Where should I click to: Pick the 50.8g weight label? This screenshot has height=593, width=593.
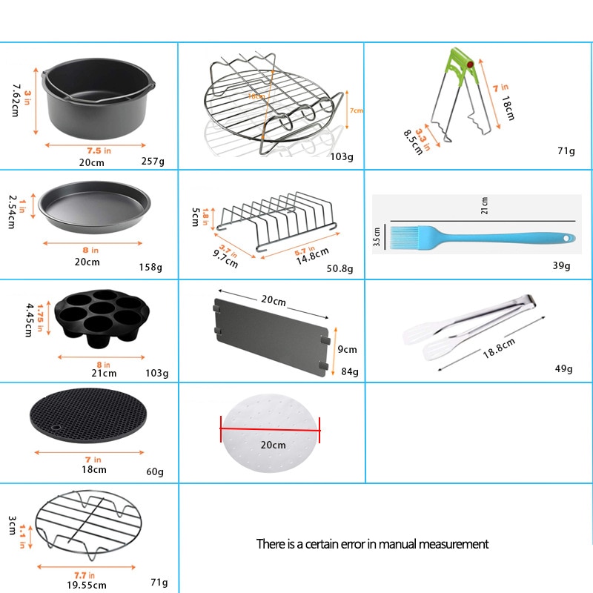point(340,268)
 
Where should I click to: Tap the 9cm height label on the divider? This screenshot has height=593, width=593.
point(348,349)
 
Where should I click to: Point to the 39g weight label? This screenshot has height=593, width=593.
point(562,265)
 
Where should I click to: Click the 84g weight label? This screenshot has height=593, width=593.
point(349,371)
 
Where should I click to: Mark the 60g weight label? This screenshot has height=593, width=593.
point(155,471)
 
